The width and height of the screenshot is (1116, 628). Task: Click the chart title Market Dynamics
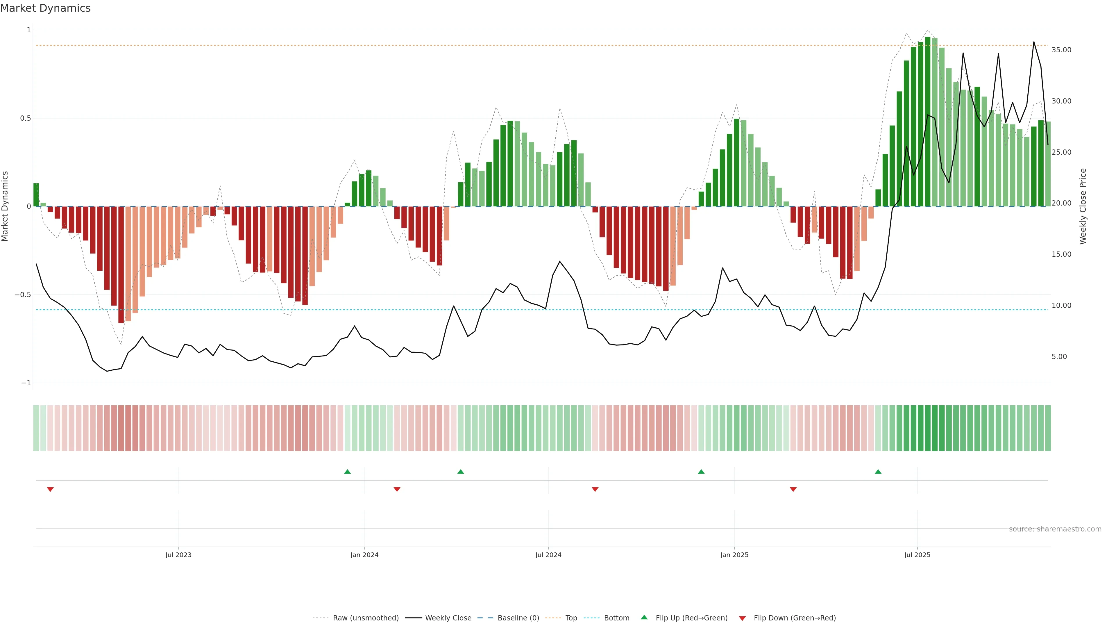coord(46,8)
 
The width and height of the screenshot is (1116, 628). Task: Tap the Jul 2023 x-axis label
coord(178,555)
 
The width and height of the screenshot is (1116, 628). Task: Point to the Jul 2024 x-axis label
coord(548,555)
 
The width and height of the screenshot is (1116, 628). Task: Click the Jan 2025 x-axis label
coord(734,555)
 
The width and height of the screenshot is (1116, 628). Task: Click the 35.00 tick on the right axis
coord(1061,50)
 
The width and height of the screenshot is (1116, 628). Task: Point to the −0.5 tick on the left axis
coord(23,295)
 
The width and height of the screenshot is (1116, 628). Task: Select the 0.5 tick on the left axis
coord(26,118)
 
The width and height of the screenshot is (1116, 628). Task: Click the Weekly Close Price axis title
coord(1083,206)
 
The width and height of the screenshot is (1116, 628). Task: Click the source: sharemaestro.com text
coord(1055,529)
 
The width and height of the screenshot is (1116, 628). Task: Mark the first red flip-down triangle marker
coord(50,489)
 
